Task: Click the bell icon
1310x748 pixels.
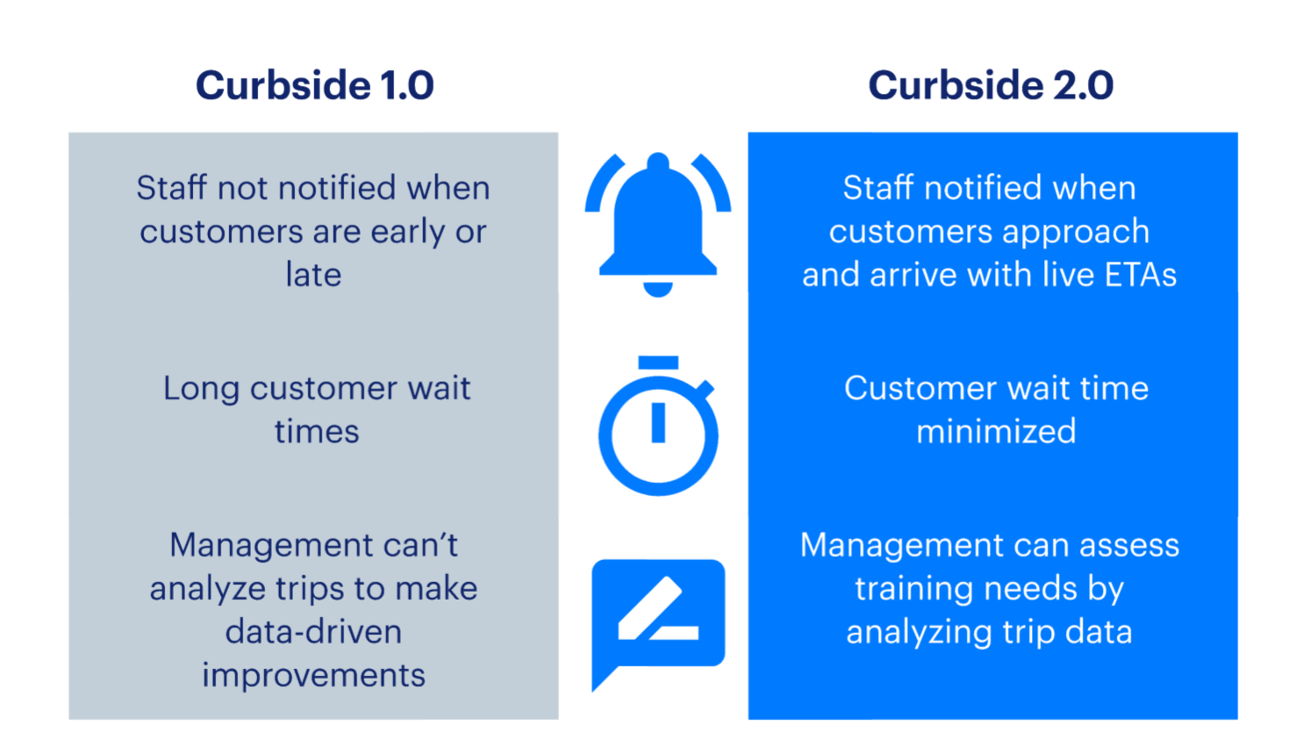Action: click(658, 219)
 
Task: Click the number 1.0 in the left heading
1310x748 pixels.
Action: click(406, 85)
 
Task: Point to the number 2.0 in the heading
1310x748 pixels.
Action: click(1082, 85)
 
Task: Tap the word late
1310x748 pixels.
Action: click(313, 275)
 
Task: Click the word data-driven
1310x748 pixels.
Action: click(313, 632)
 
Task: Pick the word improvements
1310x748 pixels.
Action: click(313, 675)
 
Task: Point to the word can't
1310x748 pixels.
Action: click(414, 545)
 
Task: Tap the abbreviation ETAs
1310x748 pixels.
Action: click(1140, 275)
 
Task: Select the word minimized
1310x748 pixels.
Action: click(996, 432)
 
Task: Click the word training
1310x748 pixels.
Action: click(917, 588)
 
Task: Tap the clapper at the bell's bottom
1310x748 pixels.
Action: click(658, 289)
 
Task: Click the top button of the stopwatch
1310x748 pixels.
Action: click(658, 363)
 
